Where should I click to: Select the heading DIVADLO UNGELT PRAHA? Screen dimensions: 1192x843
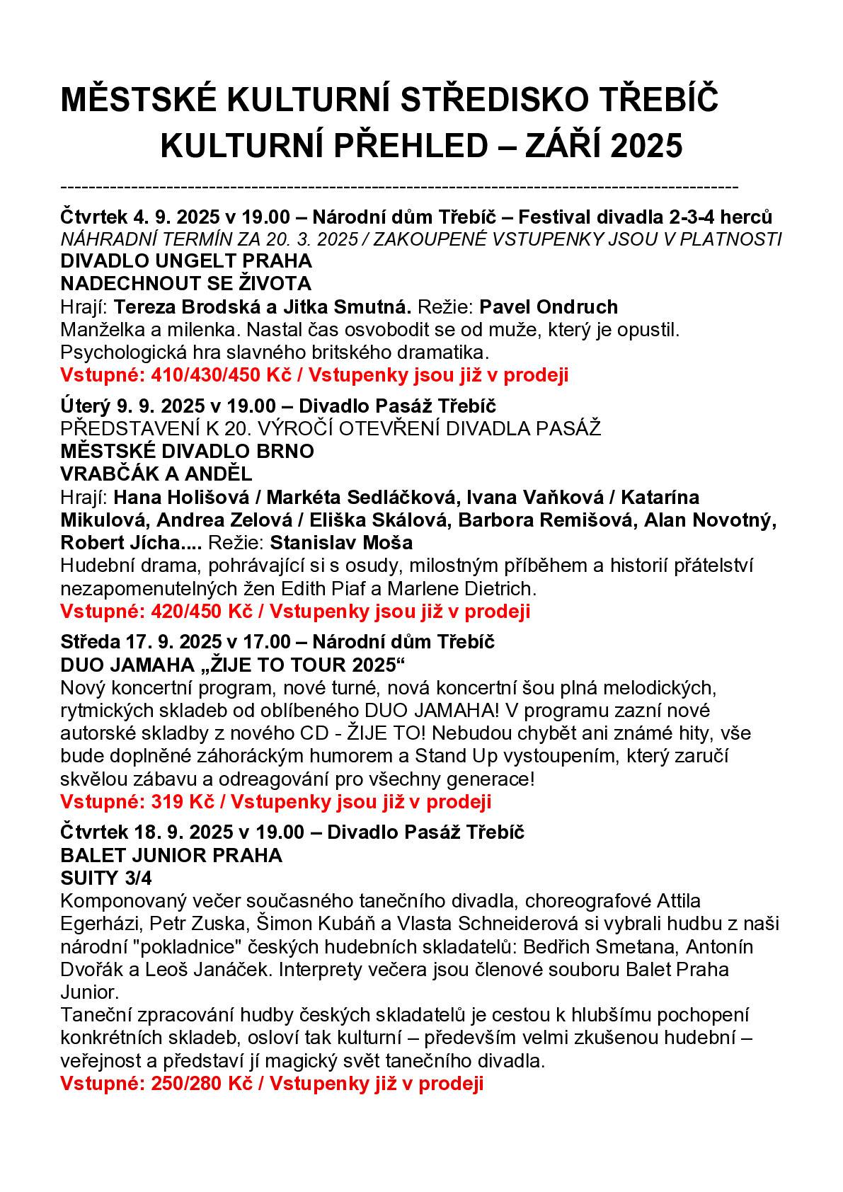pyautogui.click(x=186, y=261)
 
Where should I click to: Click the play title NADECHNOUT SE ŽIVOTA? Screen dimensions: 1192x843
pyautogui.click(x=186, y=284)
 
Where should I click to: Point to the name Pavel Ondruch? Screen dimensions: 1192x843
pyautogui.click(x=549, y=306)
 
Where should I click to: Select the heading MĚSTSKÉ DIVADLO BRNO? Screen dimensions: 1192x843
pyautogui.click(x=188, y=451)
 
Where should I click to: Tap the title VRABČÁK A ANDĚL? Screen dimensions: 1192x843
pyautogui.click(x=156, y=474)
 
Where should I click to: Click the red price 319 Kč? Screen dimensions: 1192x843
pyautogui.click(x=178, y=802)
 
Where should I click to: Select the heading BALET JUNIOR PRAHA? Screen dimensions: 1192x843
pyautogui.click(x=171, y=855)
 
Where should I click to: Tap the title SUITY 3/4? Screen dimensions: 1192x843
pyautogui.click(x=106, y=878)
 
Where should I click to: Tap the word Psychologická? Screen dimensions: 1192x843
pyautogui.click(x=128, y=352)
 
